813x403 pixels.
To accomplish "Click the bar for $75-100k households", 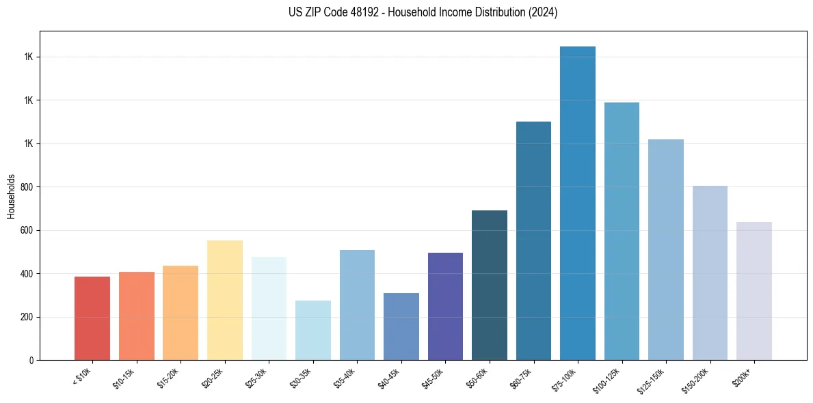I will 578,205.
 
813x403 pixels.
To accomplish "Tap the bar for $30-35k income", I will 313,331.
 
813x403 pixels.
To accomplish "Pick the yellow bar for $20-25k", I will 225,301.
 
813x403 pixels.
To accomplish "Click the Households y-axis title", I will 12,195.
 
